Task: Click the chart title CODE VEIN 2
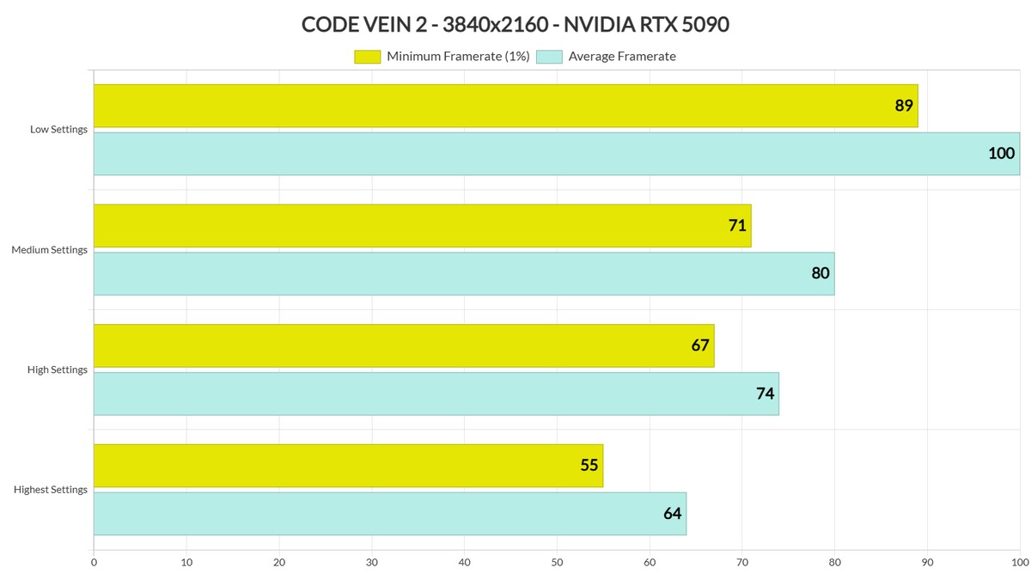[515, 24]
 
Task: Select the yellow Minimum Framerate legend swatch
[367, 57]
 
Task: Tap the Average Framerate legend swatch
[549, 57]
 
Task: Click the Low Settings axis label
[58, 130]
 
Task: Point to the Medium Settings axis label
[50, 250]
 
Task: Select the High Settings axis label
[58, 369]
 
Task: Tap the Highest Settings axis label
[51, 490]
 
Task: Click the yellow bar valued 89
[505, 106]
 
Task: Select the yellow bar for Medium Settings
[421, 226]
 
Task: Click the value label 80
[821, 274]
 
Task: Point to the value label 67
[700, 345]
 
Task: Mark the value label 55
[589, 466]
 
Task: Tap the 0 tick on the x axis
[94, 563]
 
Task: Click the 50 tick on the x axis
[557, 563]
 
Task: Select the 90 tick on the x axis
[927, 563]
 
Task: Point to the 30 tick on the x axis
[371, 563]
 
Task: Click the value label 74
[765, 394]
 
